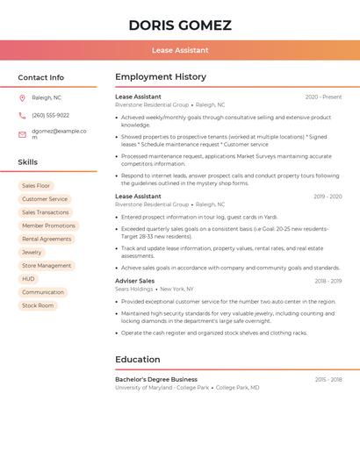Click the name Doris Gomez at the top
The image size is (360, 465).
(180, 25)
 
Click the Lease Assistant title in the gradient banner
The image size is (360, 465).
(180, 50)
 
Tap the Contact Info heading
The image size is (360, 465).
(40, 77)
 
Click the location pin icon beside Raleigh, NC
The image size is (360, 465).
(22, 97)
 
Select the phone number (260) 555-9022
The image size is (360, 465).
(50, 115)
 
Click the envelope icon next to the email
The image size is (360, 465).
(22, 134)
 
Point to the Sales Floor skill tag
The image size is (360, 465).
(36, 186)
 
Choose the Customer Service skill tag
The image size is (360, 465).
(45, 199)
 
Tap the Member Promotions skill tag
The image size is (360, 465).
(48, 225)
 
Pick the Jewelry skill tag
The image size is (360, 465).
(32, 252)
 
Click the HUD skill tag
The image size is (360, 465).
(29, 279)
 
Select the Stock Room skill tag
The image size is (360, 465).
(38, 305)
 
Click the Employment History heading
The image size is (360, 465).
(161, 77)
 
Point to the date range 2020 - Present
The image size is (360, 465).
(323, 97)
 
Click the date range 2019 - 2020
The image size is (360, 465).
(328, 197)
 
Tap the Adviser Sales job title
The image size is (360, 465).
(134, 281)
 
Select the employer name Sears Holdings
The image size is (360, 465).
(133, 289)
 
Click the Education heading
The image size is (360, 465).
(138, 360)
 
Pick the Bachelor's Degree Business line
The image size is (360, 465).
(156, 379)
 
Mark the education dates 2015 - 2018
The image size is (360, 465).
(328, 379)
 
